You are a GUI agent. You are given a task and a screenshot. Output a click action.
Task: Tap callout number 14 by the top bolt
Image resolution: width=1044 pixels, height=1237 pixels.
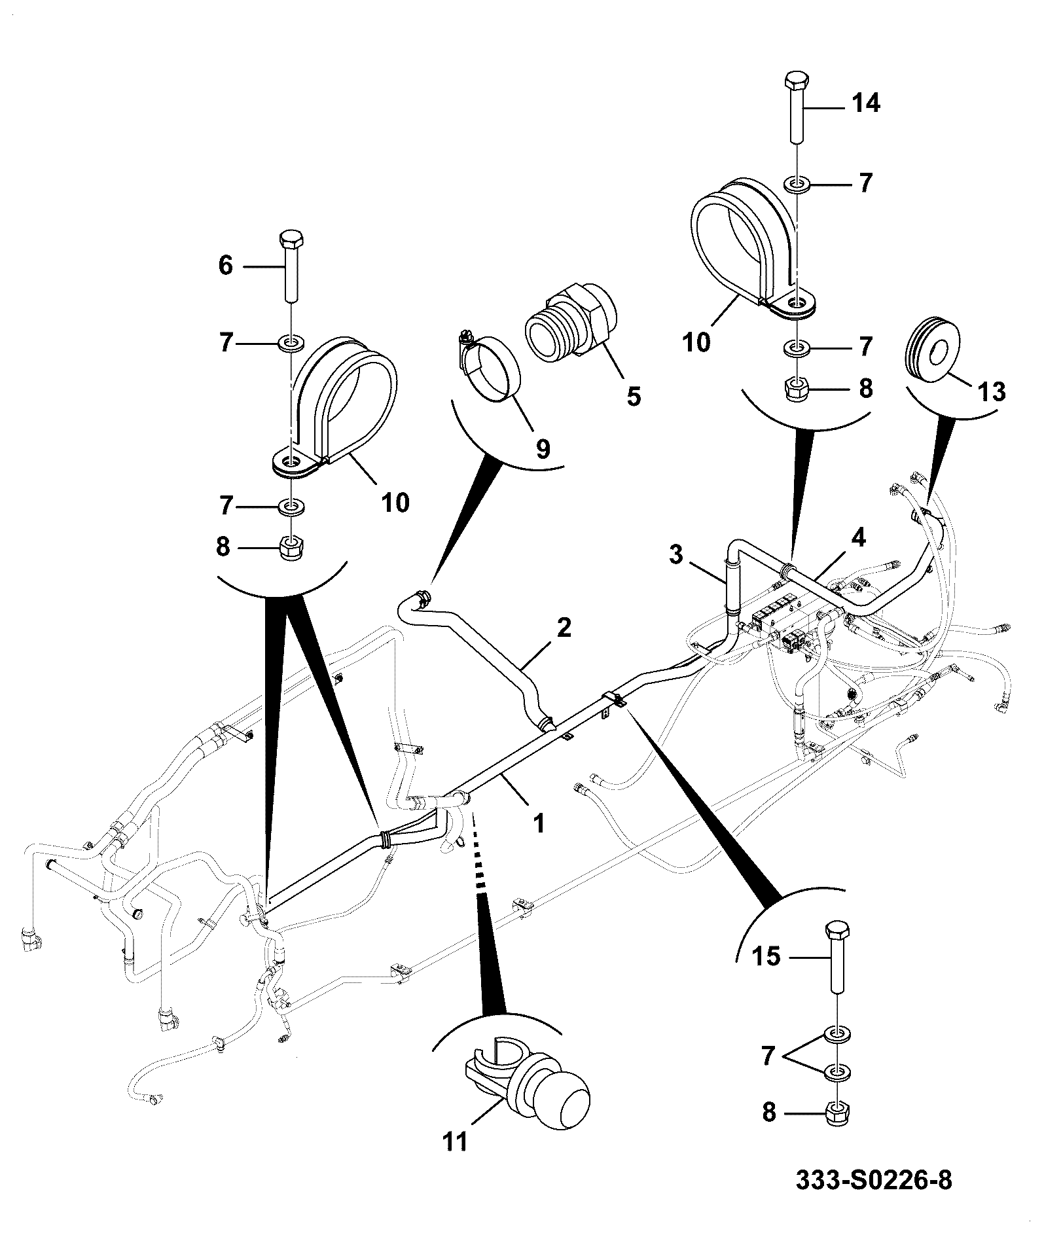tap(866, 103)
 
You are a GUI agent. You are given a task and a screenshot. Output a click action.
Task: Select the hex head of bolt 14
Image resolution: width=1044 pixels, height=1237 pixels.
tap(796, 82)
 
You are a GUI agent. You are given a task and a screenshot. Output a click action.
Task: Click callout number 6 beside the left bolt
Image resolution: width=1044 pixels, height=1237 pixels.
tap(225, 266)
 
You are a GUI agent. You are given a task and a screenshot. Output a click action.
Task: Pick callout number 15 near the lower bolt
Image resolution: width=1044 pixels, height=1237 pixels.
tap(766, 957)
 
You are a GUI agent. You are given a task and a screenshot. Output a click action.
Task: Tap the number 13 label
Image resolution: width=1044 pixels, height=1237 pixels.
tap(991, 391)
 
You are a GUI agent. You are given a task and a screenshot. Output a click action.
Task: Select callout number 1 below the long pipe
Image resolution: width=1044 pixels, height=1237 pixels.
tap(539, 823)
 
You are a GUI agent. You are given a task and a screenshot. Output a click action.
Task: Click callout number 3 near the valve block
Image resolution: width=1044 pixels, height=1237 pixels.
tap(676, 555)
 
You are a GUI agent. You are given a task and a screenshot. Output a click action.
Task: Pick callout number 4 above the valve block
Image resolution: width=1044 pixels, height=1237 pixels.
tap(858, 538)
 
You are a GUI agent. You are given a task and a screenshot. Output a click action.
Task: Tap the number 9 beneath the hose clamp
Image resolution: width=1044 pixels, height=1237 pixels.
tap(543, 449)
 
